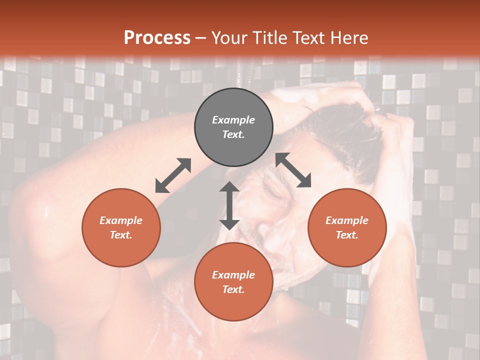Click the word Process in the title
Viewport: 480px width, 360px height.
pos(157,38)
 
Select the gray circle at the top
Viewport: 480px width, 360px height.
pos(233,127)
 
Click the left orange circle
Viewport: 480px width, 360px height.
pos(121,227)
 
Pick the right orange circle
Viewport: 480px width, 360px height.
pos(347,227)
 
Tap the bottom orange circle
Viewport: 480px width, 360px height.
pos(233,282)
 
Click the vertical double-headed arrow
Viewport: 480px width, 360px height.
pos(229,205)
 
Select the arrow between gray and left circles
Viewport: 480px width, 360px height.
pos(173,175)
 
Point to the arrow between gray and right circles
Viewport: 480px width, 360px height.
pos(293,170)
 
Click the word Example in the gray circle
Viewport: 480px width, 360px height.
pos(233,120)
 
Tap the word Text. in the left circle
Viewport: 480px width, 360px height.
pos(121,235)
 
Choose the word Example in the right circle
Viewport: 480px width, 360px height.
pos(347,220)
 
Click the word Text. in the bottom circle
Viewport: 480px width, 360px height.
pos(233,289)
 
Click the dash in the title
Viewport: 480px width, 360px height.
pos(200,38)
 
